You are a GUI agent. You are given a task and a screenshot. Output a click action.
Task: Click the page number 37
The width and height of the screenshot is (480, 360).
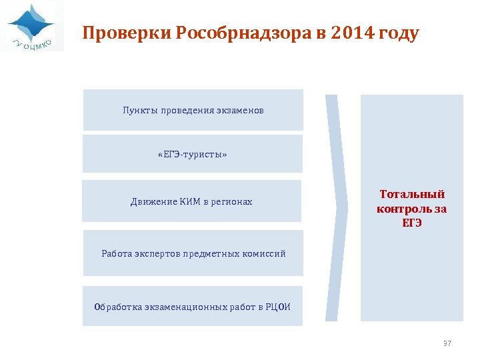point(447,343)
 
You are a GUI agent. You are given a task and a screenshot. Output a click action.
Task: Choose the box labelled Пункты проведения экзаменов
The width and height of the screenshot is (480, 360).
point(193,110)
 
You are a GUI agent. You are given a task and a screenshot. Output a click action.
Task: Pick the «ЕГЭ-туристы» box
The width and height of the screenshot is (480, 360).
point(193,155)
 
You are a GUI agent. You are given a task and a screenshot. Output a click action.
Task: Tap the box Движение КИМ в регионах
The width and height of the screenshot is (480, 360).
point(192,201)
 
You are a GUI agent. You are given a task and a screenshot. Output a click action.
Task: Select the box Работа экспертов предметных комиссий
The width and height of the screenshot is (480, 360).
point(193,253)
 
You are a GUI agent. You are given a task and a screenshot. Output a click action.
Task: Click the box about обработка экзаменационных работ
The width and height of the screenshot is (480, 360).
point(193,307)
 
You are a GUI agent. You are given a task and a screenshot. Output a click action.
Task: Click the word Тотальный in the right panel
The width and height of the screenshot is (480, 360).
point(412,194)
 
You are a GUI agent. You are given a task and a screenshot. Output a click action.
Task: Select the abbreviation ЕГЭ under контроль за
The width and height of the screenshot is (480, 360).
point(412,223)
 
